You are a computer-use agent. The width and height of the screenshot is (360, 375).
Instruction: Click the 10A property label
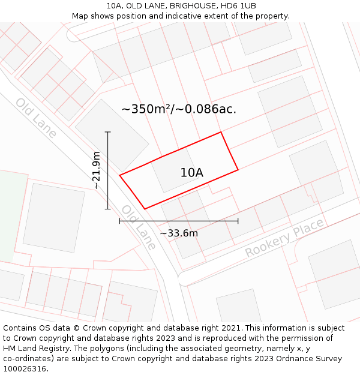(x=191, y=173)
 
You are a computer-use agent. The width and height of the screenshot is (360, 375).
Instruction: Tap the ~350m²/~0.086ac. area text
(x=179, y=109)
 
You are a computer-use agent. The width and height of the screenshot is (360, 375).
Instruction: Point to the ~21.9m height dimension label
(x=97, y=170)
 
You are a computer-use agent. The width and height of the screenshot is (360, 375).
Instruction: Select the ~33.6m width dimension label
(x=178, y=233)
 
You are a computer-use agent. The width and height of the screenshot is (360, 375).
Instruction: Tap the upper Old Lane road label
(x=36, y=118)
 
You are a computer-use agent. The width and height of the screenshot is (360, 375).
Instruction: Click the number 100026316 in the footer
(x=25, y=369)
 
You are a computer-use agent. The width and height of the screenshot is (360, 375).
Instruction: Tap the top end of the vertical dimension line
(x=108, y=132)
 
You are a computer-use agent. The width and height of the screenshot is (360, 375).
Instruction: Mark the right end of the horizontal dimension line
(x=238, y=221)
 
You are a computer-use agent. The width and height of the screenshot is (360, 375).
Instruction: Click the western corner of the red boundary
(x=120, y=175)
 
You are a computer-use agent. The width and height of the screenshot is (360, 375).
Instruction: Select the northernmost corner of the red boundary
(x=221, y=132)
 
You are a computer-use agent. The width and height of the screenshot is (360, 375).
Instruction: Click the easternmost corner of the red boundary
(x=238, y=170)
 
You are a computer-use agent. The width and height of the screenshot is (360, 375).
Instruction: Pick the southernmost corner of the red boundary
(x=145, y=209)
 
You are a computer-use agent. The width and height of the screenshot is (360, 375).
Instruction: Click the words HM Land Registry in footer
(x=32, y=349)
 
